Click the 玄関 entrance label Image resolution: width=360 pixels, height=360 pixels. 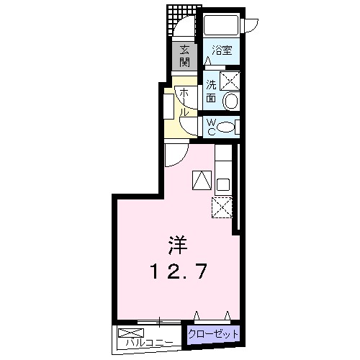coord(185,55)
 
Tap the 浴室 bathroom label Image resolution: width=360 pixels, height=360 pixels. coord(221,51)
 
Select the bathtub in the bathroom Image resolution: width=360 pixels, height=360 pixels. coord(222,27)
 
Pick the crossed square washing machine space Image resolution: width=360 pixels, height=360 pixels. coord(230,80)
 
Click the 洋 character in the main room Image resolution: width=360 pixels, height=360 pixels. coord(179,246)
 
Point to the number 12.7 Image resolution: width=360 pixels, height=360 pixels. coord(180,271)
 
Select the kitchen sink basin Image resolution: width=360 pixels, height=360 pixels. coord(222,184)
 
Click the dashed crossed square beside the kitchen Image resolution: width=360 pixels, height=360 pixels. coord(221,207)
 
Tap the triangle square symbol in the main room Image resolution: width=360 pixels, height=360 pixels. coord(202,180)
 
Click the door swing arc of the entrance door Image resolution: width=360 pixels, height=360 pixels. coord(184,29)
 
